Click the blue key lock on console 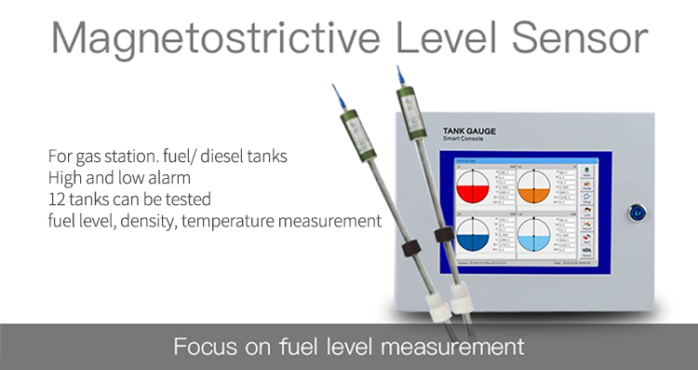[x=638, y=212]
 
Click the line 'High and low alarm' [x=109, y=177]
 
